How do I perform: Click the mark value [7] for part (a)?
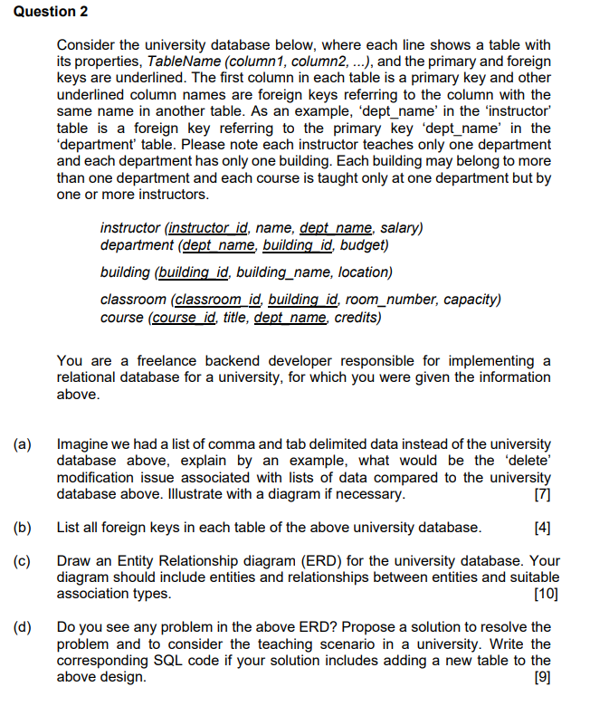[543, 494]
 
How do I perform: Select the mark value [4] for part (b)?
[543, 528]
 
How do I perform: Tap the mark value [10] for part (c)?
[546, 594]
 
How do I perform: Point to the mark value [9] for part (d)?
[543, 676]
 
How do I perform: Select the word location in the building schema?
[364, 272]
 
